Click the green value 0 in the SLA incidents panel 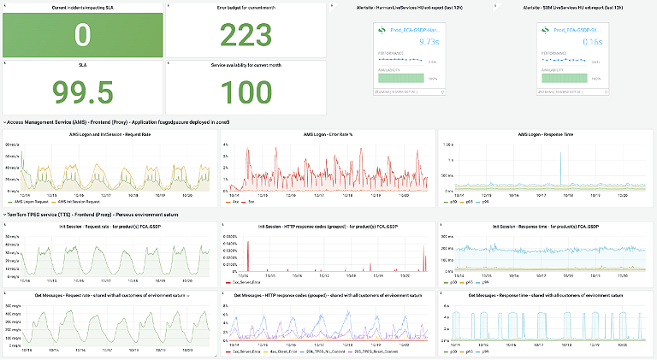point(82,35)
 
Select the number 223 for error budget point(246,35)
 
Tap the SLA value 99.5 point(82,91)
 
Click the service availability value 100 point(246,91)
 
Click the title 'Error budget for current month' point(246,8)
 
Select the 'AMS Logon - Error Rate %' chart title point(328,134)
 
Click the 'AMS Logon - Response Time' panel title point(545,134)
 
